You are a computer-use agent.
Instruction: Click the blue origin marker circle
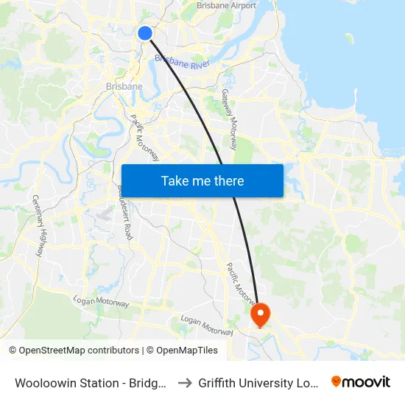tap(145, 32)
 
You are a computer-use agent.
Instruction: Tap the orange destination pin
tap(260, 315)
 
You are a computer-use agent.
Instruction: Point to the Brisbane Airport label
tap(226, 6)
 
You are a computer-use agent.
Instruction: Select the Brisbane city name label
tap(124, 87)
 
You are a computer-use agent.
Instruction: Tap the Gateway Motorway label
tap(230, 119)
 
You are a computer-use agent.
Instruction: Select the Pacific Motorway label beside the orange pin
tap(242, 283)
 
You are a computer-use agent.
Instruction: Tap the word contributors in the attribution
tap(113, 351)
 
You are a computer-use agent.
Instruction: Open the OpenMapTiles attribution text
tap(187, 351)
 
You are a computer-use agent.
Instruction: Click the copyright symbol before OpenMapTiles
tap(150, 351)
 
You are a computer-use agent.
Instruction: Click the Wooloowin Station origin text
tap(90, 383)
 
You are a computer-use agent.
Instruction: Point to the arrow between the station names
tap(184, 383)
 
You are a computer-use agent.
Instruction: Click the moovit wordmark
tap(367, 381)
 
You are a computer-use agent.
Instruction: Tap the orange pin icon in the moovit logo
tap(337, 381)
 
